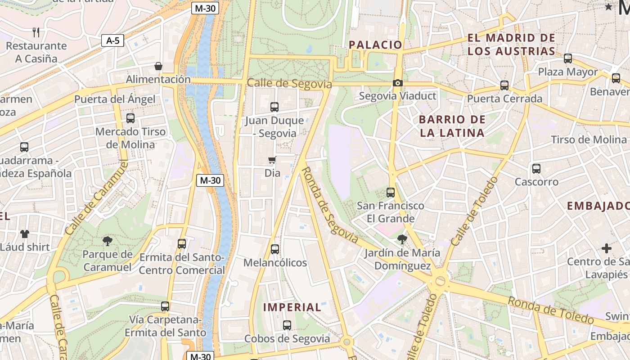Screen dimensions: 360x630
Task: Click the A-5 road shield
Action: click(x=112, y=41)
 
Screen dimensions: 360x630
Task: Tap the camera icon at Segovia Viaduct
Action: click(x=397, y=83)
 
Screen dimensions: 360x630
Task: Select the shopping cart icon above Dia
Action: click(x=272, y=160)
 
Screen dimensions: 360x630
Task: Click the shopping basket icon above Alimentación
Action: click(x=158, y=67)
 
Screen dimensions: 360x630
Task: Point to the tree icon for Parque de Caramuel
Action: click(x=107, y=241)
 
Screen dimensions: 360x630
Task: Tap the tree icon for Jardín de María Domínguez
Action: click(x=402, y=239)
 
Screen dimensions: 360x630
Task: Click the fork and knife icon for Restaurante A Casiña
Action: click(x=36, y=32)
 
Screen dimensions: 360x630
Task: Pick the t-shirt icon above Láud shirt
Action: click(x=24, y=234)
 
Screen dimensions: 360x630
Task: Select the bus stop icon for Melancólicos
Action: click(x=274, y=249)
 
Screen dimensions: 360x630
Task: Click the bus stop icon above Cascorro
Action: click(x=536, y=169)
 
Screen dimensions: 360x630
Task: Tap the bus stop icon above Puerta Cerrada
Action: click(x=504, y=85)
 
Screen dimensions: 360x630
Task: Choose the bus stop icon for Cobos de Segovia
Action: click(x=287, y=325)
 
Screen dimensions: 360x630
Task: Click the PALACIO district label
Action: click(x=375, y=45)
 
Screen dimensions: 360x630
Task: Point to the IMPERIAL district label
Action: click(x=292, y=307)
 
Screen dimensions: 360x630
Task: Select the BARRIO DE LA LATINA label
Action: click(x=452, y=126)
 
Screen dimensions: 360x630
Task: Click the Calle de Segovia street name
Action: click(x=289, y=84)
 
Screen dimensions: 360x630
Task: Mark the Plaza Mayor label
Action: click(x=568, y=72)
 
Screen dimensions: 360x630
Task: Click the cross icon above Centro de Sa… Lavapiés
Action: click(x=607, y=248)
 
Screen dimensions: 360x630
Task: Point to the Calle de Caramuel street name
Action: click(x=96, y=198)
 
